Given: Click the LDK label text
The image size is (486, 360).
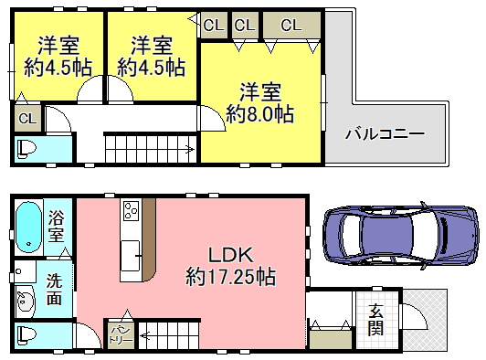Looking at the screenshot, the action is (x=231, y=256).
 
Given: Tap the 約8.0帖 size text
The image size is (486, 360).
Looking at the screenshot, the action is (x=259, y=114).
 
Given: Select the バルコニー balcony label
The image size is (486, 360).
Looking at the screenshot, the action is (x=385, y=134).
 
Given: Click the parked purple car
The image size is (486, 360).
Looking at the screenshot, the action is (x=401, y=236).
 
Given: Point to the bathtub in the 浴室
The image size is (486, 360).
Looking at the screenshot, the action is (x=29, y=228).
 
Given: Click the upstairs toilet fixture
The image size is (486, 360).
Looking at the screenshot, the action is (x=26, y=149).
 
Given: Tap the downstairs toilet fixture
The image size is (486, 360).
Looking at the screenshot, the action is (x=26, y=335).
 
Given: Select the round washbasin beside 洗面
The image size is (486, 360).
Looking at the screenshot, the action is (x=26, y=302).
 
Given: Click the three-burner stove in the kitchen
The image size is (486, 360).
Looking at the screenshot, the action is (x=132, y=211).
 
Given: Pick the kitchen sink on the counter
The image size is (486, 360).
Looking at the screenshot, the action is (x=130, y=256).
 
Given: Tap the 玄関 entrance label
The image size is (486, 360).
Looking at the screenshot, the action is (x=375, y=320).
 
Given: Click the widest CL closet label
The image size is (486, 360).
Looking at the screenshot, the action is (x=291, y=26).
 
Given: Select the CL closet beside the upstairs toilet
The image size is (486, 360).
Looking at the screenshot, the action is (x=27, y=118).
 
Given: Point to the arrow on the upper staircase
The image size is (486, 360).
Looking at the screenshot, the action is (x=190, y=150).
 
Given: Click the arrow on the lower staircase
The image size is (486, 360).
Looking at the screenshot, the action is (x=144, y=335).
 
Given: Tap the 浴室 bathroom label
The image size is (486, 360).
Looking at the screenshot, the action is (x=56, y=227).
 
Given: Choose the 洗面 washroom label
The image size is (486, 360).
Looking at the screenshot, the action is (x=54, y=289).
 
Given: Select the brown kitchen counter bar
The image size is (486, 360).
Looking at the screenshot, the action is (x=150, y=239).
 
